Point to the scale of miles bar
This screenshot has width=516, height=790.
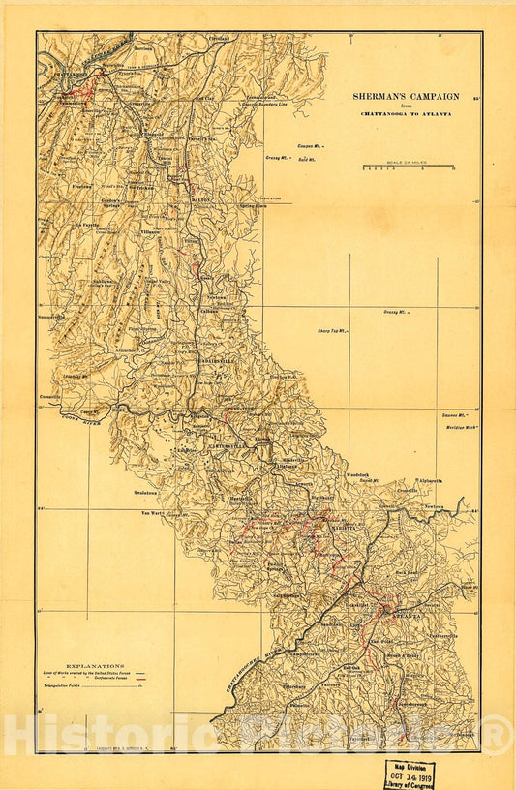point(408,167)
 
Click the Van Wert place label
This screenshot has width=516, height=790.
point(153,512)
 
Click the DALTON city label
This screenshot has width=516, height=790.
point(199,197)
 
